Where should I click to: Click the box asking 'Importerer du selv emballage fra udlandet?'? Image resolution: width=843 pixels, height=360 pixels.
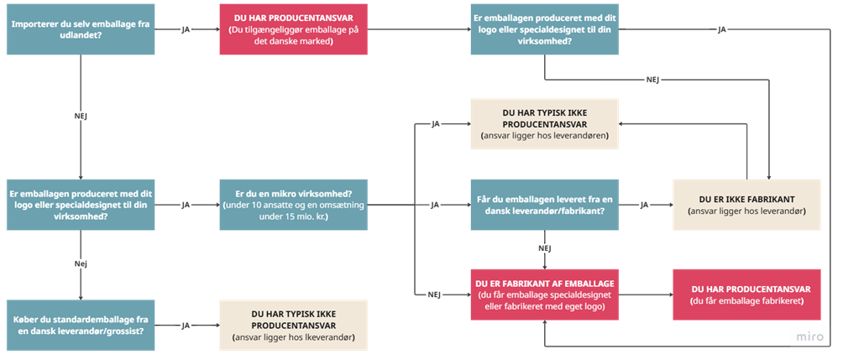pyautogui.click(x=80, y=29)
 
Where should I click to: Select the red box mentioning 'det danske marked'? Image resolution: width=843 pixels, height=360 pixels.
pyautogui.click(x=293, y=29)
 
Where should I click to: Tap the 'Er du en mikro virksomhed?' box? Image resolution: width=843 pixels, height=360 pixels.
pyautogui.click(x=293, y=205)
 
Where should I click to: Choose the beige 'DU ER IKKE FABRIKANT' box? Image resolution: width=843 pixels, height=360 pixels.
pyautogui.click(x=746, y=205)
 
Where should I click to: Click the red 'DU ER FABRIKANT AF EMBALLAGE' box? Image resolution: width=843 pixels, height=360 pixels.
pyautogui.click(x=545, y=295)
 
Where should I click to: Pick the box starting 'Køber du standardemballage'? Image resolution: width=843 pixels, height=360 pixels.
pyautogui.click(x=80, y=325)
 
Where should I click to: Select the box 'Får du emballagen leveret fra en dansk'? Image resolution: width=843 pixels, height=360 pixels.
pyautogui.click(x=545, y=205)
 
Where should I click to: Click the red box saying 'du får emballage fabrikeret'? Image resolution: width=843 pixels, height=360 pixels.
pyautogui.click(x=746, y=295)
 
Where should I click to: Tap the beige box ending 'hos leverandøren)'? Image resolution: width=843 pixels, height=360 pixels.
pyautogui.click(x=545, y=124)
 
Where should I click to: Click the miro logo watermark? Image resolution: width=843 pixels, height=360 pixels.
pyautogui.click(x=809, y=337)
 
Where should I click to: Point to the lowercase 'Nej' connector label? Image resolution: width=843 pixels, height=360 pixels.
pyautogui.click(x=81, y=263)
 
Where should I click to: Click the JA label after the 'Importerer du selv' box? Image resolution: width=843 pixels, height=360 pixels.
pyautogui.click(x=186, y=29)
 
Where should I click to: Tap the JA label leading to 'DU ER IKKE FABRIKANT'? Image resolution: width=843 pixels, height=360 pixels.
pyautogui.click(x=644, y=205)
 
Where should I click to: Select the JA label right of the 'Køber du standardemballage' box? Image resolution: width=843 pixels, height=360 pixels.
pyautogui.click(x=186, y=325)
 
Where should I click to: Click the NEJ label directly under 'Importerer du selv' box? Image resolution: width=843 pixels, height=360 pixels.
pyautogui.click(x=81, y=115)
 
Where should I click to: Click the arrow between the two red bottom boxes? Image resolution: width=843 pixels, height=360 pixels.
pyautogui.click(x=646, y=295)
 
